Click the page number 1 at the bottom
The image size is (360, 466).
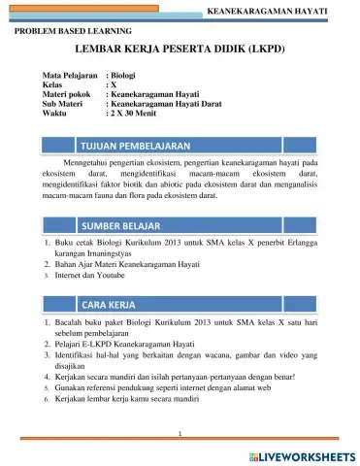coord(180,431)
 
